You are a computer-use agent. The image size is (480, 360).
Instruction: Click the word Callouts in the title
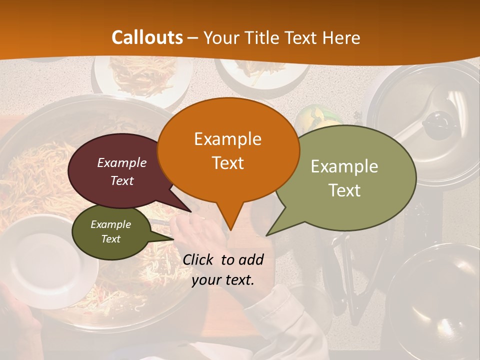(x=147, y=37)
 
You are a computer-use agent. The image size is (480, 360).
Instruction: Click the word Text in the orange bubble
(x=227, y=163)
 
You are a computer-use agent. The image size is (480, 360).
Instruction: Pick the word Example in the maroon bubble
(x=122, y=162)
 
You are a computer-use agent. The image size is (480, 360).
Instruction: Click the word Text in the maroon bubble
(x=122, y=180)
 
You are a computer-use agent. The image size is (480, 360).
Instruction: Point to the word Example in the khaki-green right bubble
(x=344, y=166)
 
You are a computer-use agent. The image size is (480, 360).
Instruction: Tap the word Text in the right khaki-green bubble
(x=344, y=190)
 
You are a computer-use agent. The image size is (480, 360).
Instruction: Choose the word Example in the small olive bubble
(x=110, y=224)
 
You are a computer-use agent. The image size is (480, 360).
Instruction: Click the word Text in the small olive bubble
(x=110, y=239)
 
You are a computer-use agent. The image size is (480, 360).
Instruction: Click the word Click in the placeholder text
(x=199, y=259)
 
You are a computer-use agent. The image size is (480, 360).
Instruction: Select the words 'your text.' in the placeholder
(x=223, y=280)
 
